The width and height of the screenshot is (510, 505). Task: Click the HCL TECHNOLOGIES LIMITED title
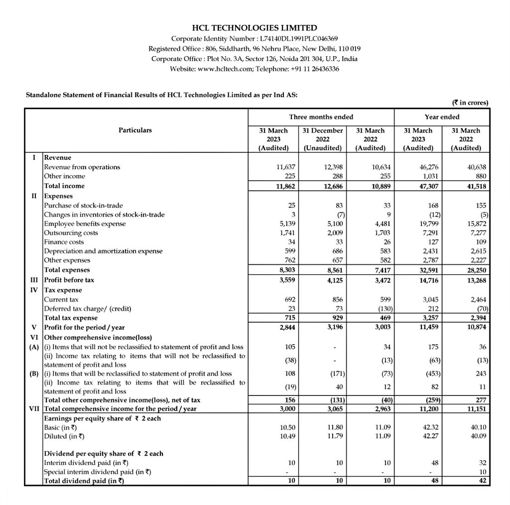[255, 28]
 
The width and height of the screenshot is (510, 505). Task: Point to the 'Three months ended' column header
[321, 117]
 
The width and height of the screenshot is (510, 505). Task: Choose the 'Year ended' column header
[442, 117]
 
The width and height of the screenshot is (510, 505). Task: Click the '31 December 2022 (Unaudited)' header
[323, 139]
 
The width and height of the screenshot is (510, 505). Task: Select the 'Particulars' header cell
[135, 130]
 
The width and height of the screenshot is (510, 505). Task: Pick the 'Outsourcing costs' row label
[71, 233]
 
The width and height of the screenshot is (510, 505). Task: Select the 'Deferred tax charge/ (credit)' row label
[87, 309]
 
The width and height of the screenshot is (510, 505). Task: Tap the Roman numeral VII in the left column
[33, 409]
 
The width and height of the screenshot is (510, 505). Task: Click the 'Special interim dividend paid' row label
[97, 472]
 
